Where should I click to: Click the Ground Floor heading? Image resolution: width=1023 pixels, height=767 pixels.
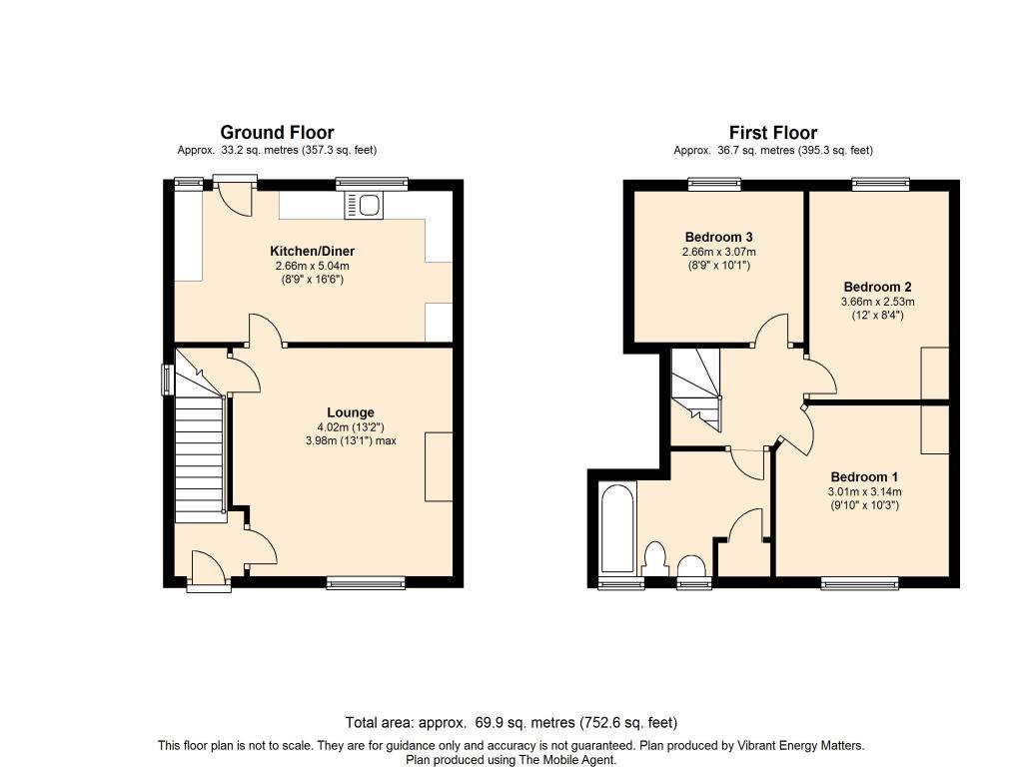(277, 132)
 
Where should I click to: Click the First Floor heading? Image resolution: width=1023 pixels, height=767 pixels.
(772, 133)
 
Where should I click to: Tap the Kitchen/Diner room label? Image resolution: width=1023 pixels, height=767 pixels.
(312, 251)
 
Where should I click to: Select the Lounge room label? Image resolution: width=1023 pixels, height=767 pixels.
(350, 412)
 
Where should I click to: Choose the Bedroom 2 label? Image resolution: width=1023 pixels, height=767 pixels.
(877, 285)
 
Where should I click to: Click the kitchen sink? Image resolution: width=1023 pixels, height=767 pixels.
(364, 206)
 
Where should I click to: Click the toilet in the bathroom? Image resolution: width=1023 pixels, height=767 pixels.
(655, 557)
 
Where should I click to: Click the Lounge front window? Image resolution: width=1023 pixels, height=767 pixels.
(366, 583)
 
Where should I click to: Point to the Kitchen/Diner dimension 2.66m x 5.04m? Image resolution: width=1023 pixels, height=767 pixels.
(312, 267)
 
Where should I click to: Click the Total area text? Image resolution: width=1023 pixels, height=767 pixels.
(511, 722)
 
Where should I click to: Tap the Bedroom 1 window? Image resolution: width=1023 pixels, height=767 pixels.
(858, 583)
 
